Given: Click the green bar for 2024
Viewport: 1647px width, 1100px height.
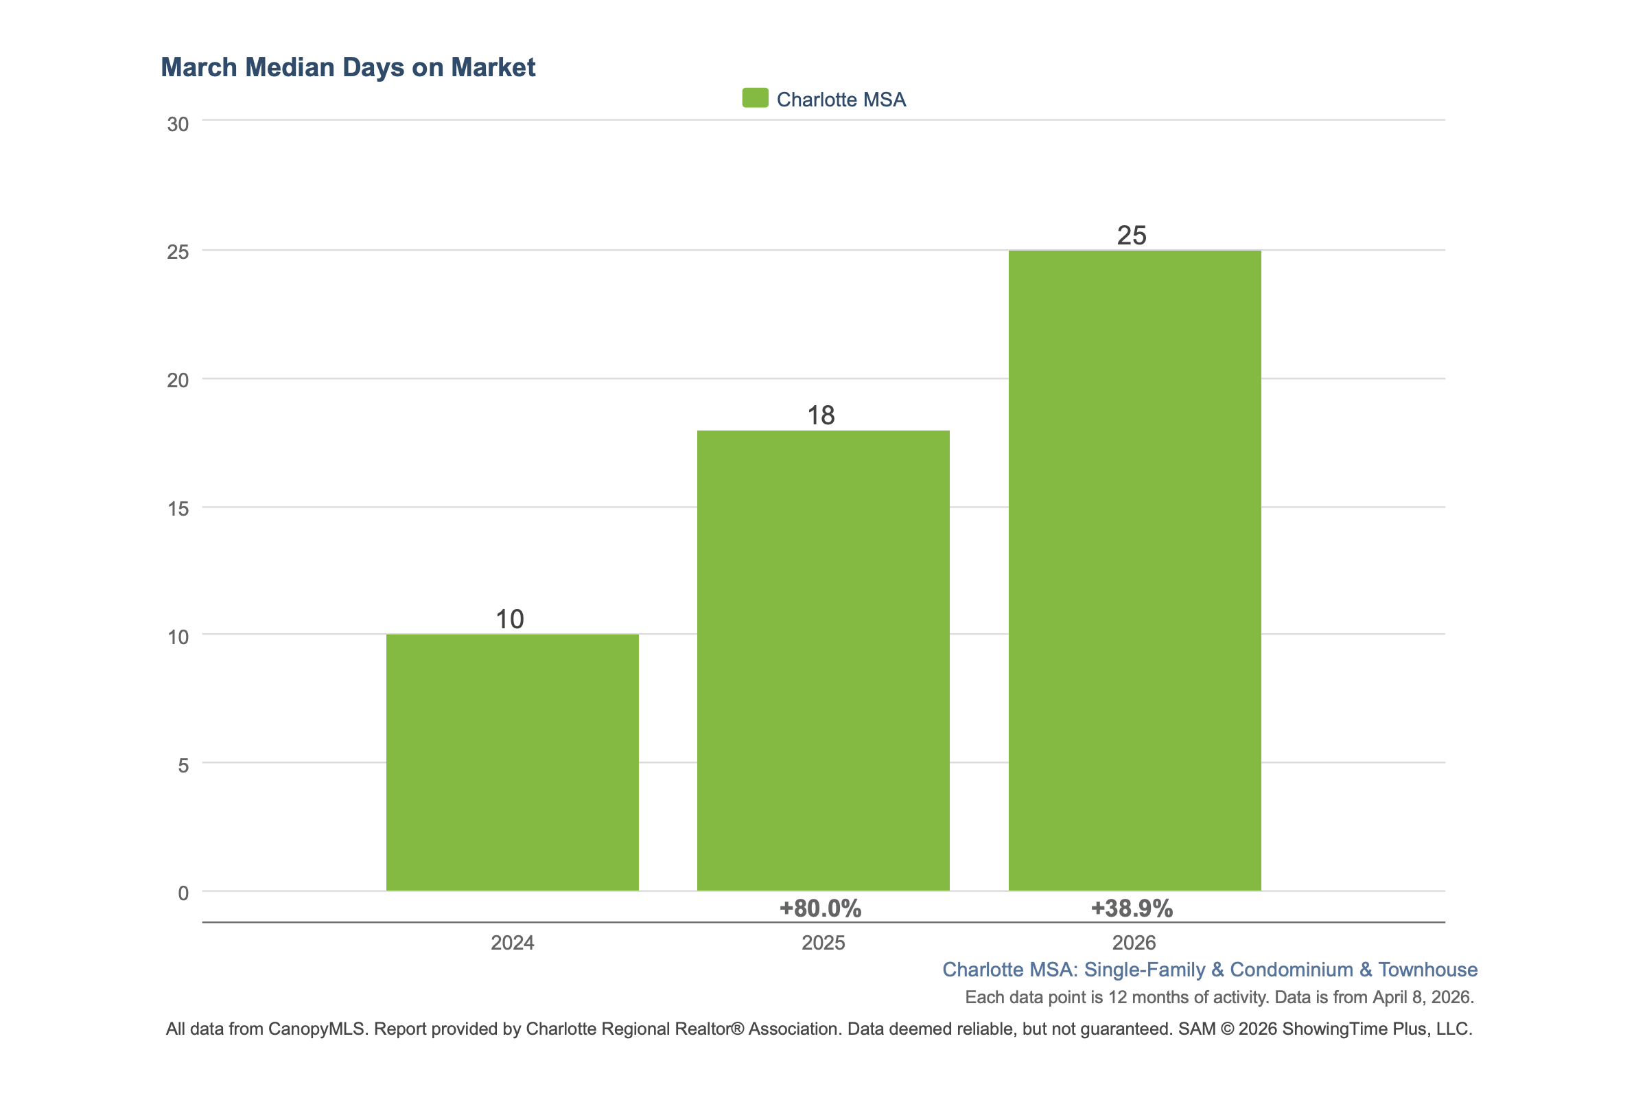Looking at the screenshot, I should (x=512, y=762).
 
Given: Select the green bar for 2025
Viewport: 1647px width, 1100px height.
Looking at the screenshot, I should (x=822, y=660).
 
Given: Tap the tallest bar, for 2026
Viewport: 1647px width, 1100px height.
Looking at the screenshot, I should (x=1134, y=570).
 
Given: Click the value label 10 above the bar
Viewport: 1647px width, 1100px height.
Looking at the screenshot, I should (x=510, y=619).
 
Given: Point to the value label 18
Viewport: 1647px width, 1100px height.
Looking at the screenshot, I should (x=820, y=415).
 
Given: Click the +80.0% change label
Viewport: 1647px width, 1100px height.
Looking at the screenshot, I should (x=819, y=908).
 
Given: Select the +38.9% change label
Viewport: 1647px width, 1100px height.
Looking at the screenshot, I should (x=1131, y=908).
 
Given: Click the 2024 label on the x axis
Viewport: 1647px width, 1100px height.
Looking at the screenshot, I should (x=512, y=942).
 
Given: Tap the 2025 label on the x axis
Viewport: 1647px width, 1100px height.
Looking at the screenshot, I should (x=822, y=942).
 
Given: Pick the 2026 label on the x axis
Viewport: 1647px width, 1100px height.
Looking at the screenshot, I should (x=1133, y=942).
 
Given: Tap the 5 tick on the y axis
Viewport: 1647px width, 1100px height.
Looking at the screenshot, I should (x=183, y=765).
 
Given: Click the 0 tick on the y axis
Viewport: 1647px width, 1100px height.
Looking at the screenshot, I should (x=183, y=893).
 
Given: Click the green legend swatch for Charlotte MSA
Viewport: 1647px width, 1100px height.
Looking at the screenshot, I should (x=755, y=98).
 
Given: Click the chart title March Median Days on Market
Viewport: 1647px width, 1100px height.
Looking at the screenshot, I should (x=348, y=67).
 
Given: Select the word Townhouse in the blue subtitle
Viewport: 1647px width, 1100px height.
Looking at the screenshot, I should (x=1427, y=970).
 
